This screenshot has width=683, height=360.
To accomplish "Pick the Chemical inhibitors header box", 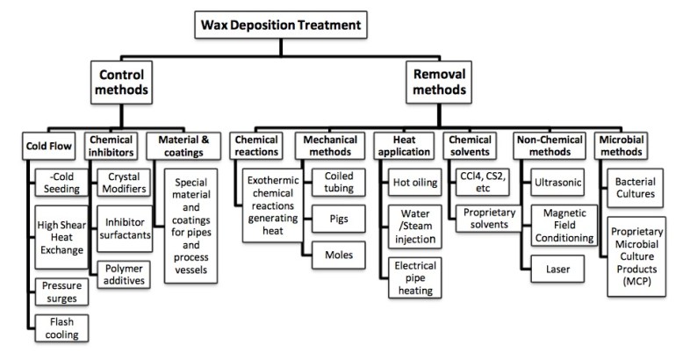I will [x=111, y=144].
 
